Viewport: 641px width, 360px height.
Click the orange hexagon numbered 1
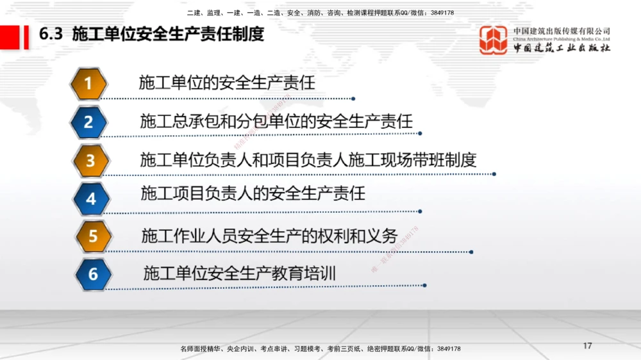(x=89, y=83)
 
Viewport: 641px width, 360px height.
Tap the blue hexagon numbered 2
(x=89, y=122)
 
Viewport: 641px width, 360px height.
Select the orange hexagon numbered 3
(x=90, y=160)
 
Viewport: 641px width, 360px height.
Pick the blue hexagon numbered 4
(x=91, y=199)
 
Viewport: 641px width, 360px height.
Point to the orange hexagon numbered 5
(x=93, y=236)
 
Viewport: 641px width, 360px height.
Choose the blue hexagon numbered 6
(x=94, y=274)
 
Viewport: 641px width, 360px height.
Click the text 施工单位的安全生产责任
(x=227, y=83)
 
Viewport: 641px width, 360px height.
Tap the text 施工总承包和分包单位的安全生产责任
(x=276, y=120)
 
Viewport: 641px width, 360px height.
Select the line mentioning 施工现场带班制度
(x=308, y=159)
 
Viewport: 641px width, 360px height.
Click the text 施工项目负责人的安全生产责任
(x=253, y=192)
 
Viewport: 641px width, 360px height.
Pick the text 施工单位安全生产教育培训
(x=239, y=274)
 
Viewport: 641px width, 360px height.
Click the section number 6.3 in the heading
(x=51, y=34)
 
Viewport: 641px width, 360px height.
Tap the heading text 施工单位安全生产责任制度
(x=168, y=34)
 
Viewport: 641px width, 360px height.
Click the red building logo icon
(x=494, y=40)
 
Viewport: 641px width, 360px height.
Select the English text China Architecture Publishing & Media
(x=562, y=39)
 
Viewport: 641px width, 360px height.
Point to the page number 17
(x=588, y=346)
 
